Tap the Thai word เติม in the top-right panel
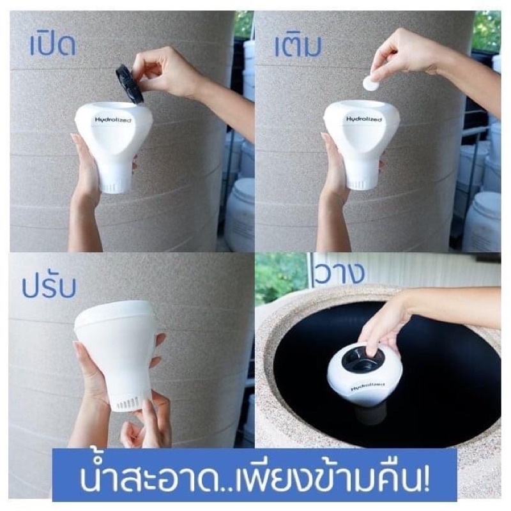(298, 45)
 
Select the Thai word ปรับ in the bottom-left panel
(49, 287)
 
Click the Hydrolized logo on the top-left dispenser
(113, 119)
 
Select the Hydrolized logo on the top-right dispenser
(363, 119)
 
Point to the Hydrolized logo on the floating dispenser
(368, 386)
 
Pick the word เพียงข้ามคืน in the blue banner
(328, 479)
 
